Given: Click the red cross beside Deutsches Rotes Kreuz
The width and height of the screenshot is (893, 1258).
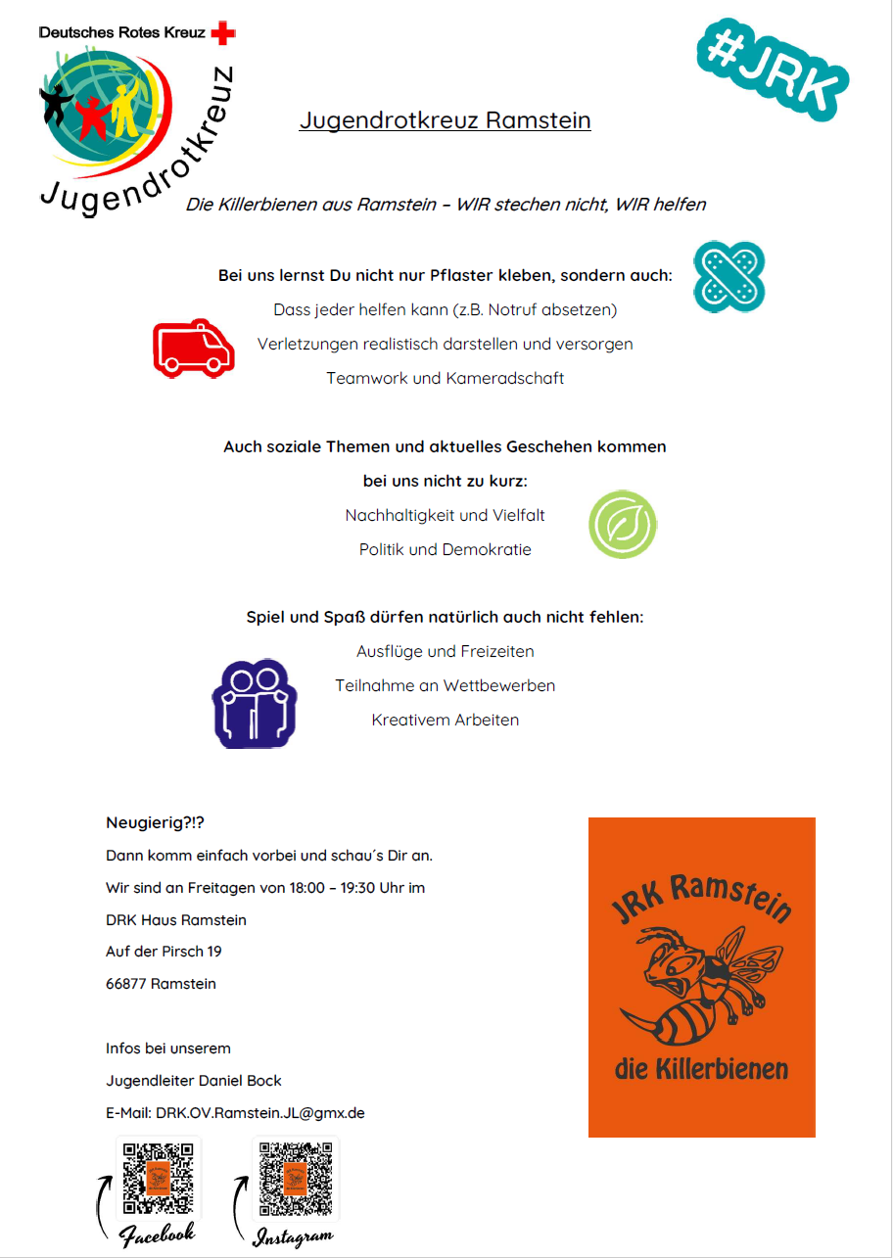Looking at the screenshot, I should click(224, 33).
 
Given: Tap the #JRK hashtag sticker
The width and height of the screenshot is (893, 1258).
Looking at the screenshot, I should click(773, 70).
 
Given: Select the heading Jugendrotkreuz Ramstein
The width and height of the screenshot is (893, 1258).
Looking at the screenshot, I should click(445, 120).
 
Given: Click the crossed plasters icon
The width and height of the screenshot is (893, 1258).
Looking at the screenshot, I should click(728, 278).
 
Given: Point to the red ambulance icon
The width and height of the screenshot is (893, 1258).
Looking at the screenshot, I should click(194, 348).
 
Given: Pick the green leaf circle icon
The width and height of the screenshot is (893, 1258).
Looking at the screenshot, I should click(622, 525).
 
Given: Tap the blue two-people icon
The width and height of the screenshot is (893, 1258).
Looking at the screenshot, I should click(254, 703).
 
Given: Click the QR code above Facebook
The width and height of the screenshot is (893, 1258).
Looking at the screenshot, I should click(158, 1178).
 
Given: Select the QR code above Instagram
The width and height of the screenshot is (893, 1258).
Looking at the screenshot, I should click(296, 1178).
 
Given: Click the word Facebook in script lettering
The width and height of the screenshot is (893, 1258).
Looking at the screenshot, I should click(158, 1233).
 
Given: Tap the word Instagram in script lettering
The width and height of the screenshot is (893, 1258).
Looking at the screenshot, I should click(293, 1236).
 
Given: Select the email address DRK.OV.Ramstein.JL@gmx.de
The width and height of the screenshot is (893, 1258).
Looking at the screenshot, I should click(259, 1113).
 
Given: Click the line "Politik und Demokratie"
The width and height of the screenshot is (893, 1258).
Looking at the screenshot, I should click(445, 549).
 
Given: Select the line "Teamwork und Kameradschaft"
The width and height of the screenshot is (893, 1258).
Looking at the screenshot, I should click(445, 378).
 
